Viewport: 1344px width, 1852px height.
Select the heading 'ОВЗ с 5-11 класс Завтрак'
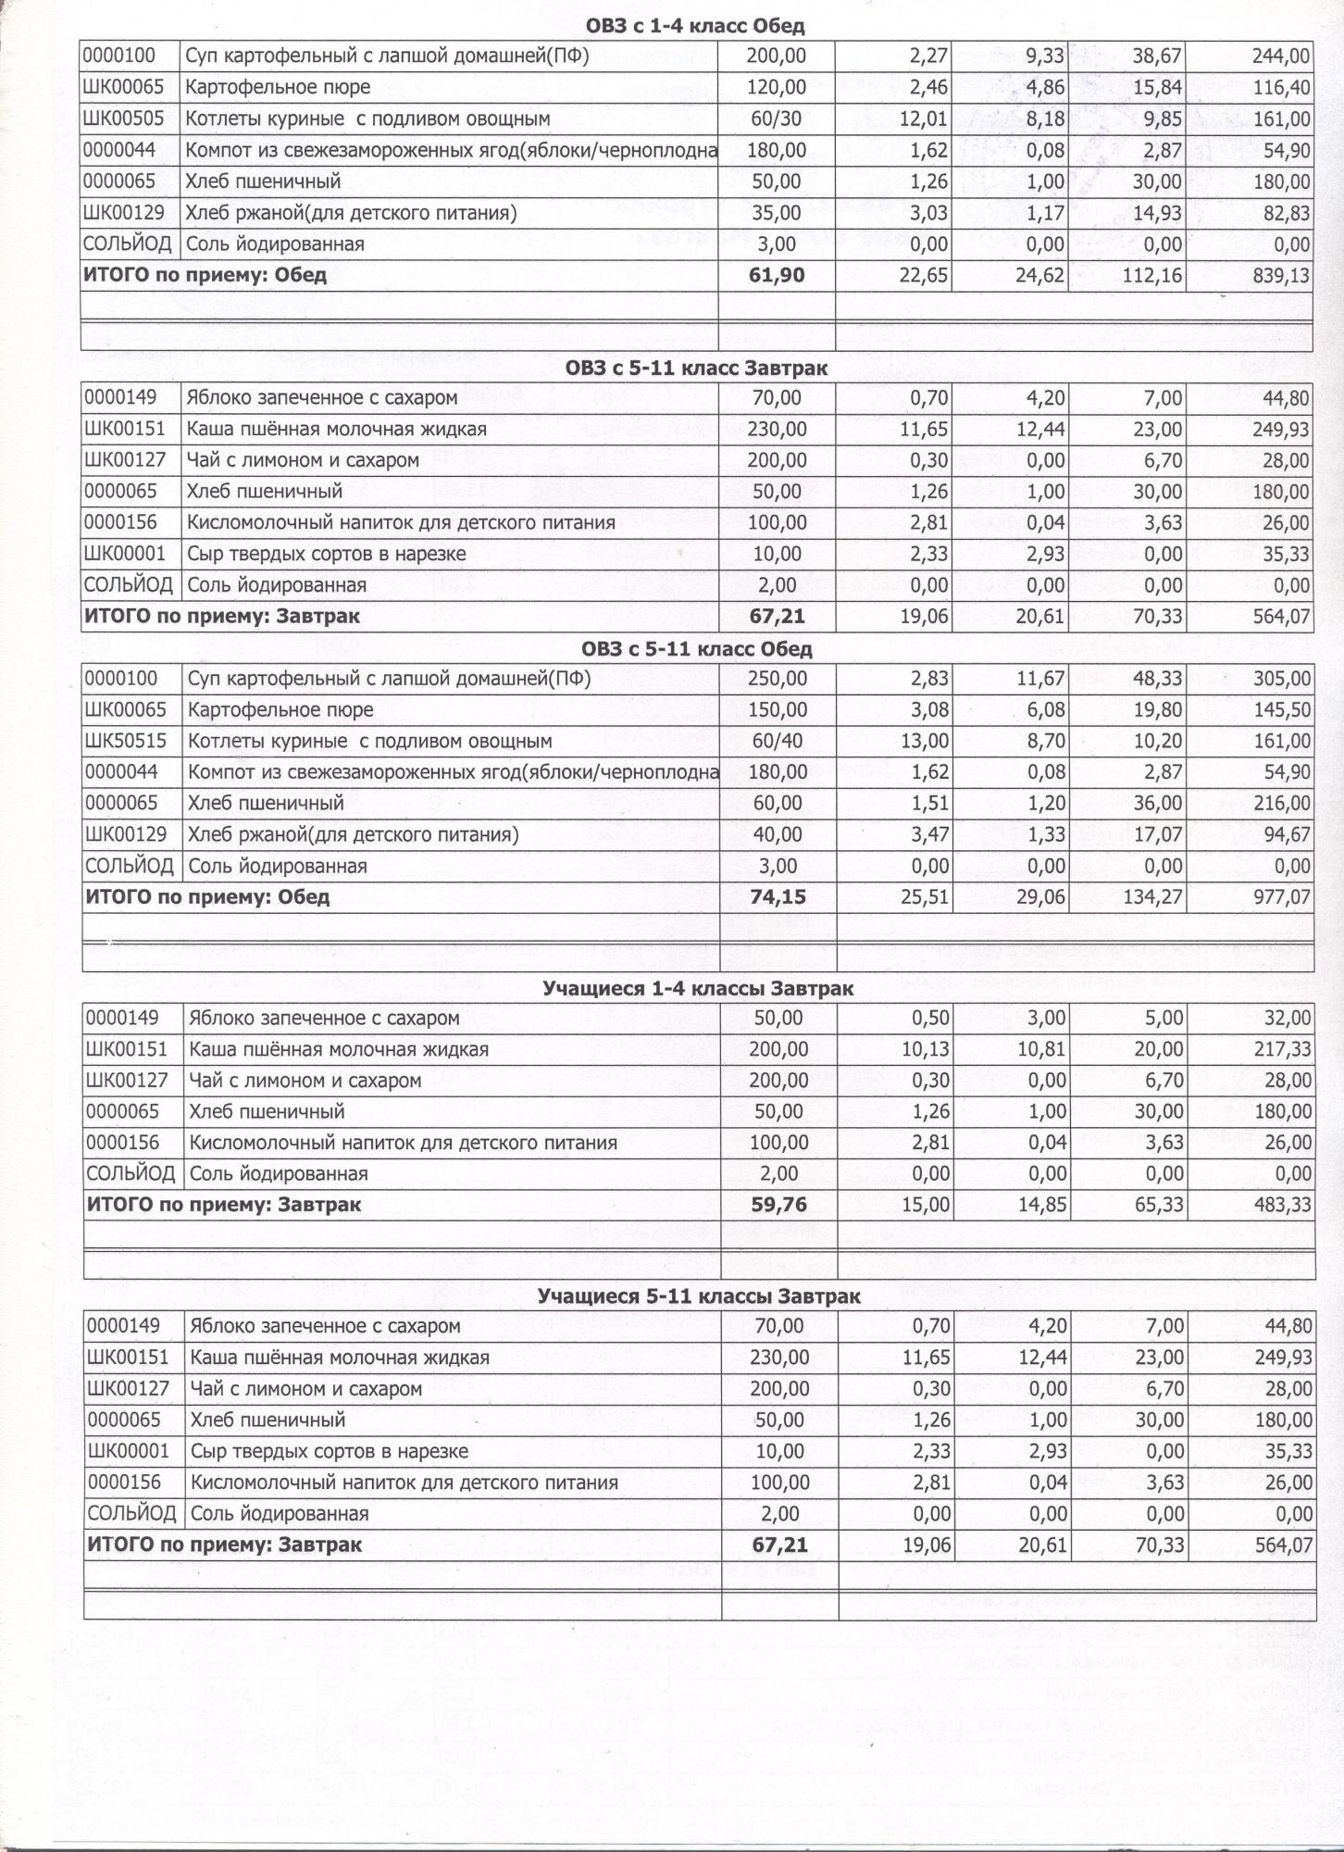click(x=696, y=369)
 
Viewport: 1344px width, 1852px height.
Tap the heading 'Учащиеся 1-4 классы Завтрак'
click(x=698, y=989)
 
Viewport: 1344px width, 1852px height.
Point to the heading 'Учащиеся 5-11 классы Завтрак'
click(x=699, y=1297)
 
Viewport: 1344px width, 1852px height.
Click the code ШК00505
click(x=124, y=119)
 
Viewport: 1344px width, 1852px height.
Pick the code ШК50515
click(x=126, y=741)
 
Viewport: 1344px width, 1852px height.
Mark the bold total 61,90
click(x=777, y=275)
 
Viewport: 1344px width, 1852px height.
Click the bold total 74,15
click(x=778, y=897)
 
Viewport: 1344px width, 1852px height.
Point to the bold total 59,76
click(x=779, y=1205)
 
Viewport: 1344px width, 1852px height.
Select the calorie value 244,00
click(x=1281, y=56)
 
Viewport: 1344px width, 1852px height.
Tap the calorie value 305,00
click(x=1282, y=679)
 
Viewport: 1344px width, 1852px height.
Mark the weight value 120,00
click(x=777, y=88)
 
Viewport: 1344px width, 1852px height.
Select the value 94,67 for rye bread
click(x=1286, y=835)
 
